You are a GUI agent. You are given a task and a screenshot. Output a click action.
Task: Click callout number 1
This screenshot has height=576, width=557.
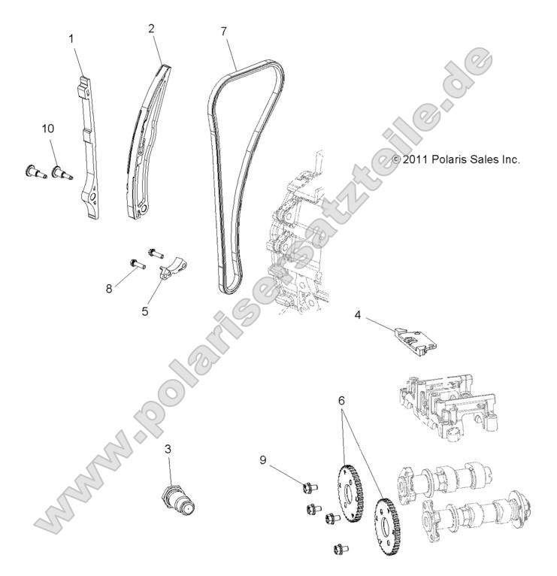coord(72,37)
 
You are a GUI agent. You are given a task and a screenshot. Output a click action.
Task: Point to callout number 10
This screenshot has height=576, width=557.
coord(47,129)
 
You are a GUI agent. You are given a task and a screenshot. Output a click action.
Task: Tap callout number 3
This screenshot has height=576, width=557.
coord(168,450)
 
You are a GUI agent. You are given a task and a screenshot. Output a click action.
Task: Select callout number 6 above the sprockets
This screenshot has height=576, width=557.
coord(341,402)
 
